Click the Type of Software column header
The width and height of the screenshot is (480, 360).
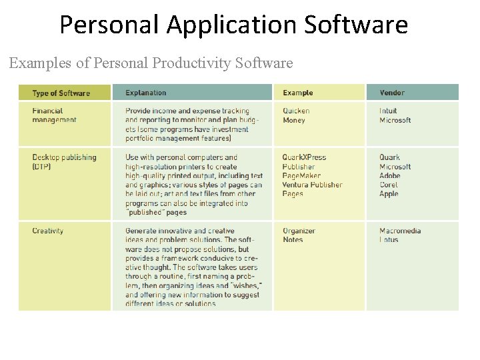pyautogui.click(x=61, y=93)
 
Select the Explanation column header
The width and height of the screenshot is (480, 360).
pyautogui.click(x=146, y=93)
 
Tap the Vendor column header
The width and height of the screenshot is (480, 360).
pyautogui.click(x=392, y=93)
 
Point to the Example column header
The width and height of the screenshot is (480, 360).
pyautogui.click(x=297, y=93)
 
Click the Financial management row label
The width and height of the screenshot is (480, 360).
pyautogui.click(x=54, y=115)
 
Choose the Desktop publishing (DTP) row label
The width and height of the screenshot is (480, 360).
pyautogui.click(x=64, y=162)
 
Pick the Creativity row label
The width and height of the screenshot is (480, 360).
pyautogui.click(x=48, y=231)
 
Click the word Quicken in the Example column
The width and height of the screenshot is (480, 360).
pyautogui.click(x=296, y=111)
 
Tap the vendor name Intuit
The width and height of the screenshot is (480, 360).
pyautogui.click(x=388, y=111)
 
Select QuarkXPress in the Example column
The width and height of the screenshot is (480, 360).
pyautogui.click(x=304, y=158)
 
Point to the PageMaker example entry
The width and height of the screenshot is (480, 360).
pyautogui.click(x=301, y=176)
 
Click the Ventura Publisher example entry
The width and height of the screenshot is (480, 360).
pyautogui.click(x=312, y=185)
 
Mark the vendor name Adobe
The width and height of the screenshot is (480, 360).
pyautogui.click(x=390, y=176)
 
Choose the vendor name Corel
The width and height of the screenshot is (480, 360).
pyautogui.click(x=389, y=185)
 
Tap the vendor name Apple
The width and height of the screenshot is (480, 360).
pyautogui.click(x=389, y=194)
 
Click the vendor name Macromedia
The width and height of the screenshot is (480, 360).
pyautogui.click(x=400, y=231)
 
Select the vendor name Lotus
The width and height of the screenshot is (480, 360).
pyautogui.click(x=389, y=240)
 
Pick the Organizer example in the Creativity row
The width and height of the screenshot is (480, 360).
pyautogui.click(x=299, y=231)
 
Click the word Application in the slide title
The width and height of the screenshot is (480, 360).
pyautogui.click(x=233, y=25)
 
